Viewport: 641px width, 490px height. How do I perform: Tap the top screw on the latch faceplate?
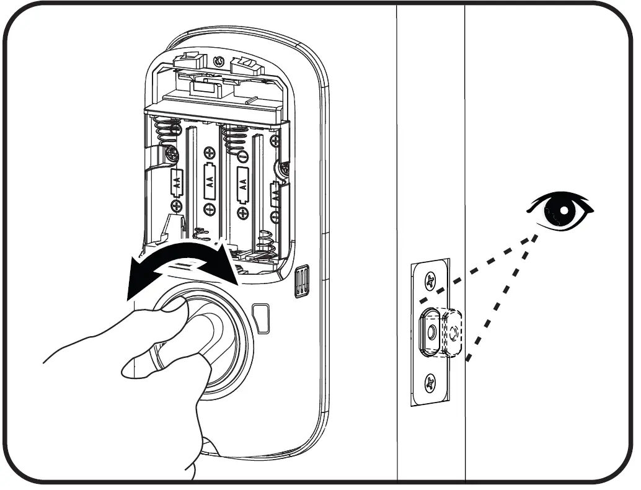point(430,282)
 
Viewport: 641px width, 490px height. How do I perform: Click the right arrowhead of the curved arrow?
point(235,274)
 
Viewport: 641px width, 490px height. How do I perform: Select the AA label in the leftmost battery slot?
point(177,182)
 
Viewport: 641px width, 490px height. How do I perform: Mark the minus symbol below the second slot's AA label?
point(210,211)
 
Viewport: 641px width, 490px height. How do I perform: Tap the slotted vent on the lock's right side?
point(302,282)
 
